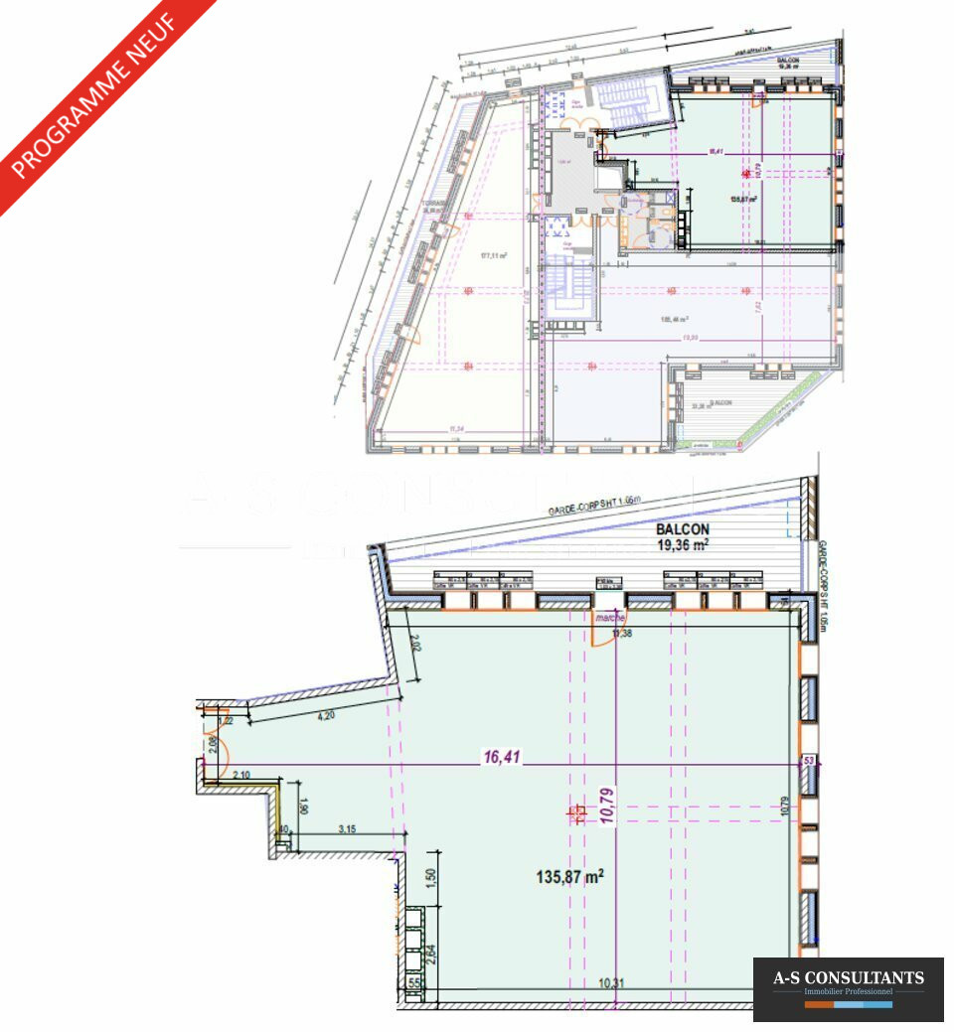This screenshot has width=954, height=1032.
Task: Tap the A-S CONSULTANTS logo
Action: click(x=848, y=978)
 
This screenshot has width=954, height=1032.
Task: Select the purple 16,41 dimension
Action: click(x=503, y=757)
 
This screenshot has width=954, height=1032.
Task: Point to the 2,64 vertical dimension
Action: click(x=429, y=955)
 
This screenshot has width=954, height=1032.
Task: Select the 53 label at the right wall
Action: click(x=810, y=761)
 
